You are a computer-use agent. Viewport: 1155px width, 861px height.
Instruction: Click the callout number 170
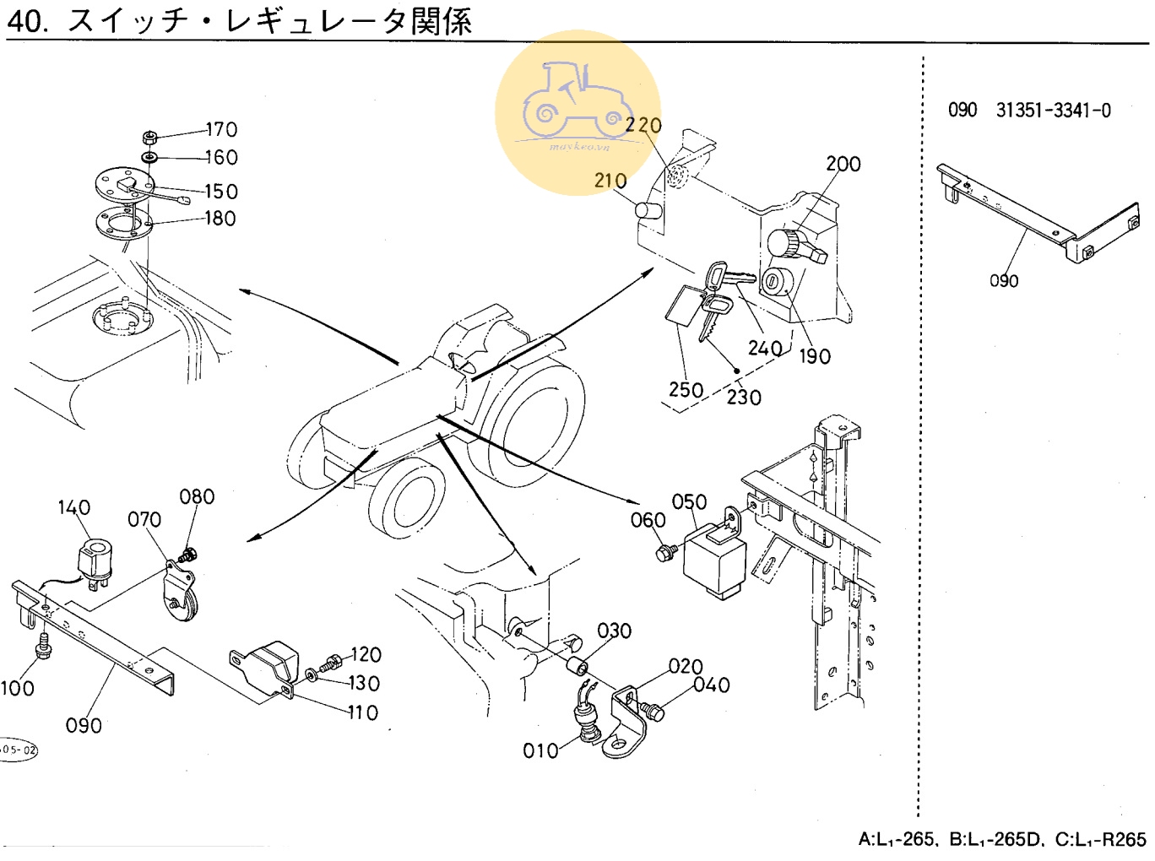coord(221,129)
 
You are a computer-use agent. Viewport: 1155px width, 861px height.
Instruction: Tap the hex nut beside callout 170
coord(149,137)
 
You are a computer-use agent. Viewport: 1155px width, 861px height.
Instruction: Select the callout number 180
coord(220,218)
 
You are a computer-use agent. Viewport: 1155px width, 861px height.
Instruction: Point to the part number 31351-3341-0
coord(1053,111)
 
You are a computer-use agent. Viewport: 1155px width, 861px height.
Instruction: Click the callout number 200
coord(843,164)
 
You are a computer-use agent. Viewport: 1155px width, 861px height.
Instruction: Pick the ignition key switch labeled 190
coord(774,281)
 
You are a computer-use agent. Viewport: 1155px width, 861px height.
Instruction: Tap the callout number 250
coord(686,389)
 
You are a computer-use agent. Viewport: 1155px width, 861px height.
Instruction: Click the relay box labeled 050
coord(713,558)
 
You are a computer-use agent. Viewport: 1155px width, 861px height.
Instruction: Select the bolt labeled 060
coord(664,553)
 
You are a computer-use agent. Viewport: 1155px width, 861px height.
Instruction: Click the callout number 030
coord(614,631)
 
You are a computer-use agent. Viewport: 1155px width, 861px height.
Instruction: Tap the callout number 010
coord(540,750)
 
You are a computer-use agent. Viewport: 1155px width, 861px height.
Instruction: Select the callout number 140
coord(73,507)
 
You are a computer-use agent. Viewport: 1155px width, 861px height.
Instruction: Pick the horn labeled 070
coord(179,594)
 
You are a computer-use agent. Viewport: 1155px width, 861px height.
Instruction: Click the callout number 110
coord(362,712)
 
